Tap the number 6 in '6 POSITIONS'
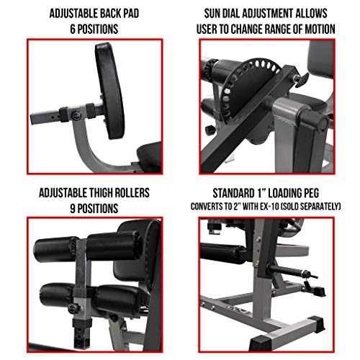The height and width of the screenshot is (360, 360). tap(73, 29)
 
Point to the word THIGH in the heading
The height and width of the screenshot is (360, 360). tap(101, 193)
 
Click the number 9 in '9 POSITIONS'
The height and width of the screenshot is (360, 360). tap(73, 208)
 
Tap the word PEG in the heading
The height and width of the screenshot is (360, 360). tap(310, 193)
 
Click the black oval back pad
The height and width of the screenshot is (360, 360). tap(110, 91)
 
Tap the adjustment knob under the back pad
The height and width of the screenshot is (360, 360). tap(76, 116)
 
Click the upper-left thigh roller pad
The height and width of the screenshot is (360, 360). tap(55, 250)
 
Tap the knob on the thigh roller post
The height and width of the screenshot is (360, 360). tap(73, 307)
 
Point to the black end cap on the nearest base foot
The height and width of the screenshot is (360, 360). tap(261, 343)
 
